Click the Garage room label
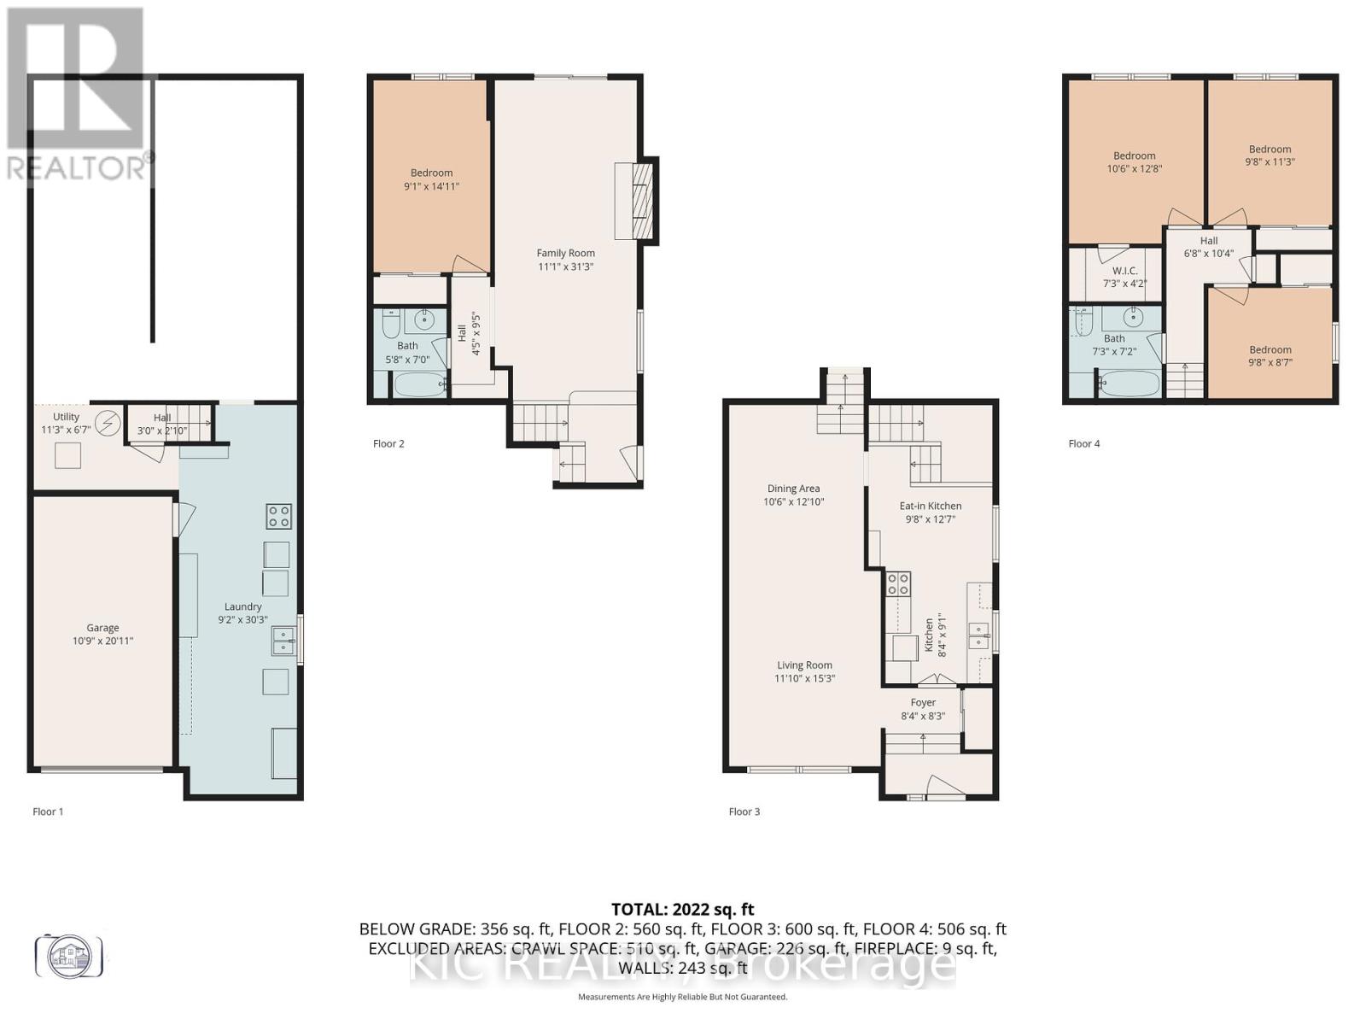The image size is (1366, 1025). tap(102, 628)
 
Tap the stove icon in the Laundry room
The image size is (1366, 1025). tap(279, 516)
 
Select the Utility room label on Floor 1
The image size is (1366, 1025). tap(66, 417)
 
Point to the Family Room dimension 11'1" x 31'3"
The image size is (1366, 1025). tap(565, 266)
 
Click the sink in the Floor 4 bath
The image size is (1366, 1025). tap(1133, 319)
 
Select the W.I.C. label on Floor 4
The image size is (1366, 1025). tap(1125, 271)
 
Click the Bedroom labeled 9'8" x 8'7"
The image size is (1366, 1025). tap(1270, 349)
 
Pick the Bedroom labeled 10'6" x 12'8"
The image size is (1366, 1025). tap(1134, 155)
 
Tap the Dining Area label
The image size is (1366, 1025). tap(793, 489)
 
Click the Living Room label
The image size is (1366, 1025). tap(804, 665)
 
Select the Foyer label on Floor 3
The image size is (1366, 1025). tap(923, 702)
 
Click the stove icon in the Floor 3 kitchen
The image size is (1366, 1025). tap(899, 583)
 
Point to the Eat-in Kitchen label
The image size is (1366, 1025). tap(931, 506)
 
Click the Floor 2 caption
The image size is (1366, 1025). tap(388, 443)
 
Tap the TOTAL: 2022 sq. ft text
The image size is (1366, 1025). tap(682, 910)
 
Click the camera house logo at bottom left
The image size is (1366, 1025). tap(68, 955)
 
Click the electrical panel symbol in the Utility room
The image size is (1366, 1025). tap(108, 423)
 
